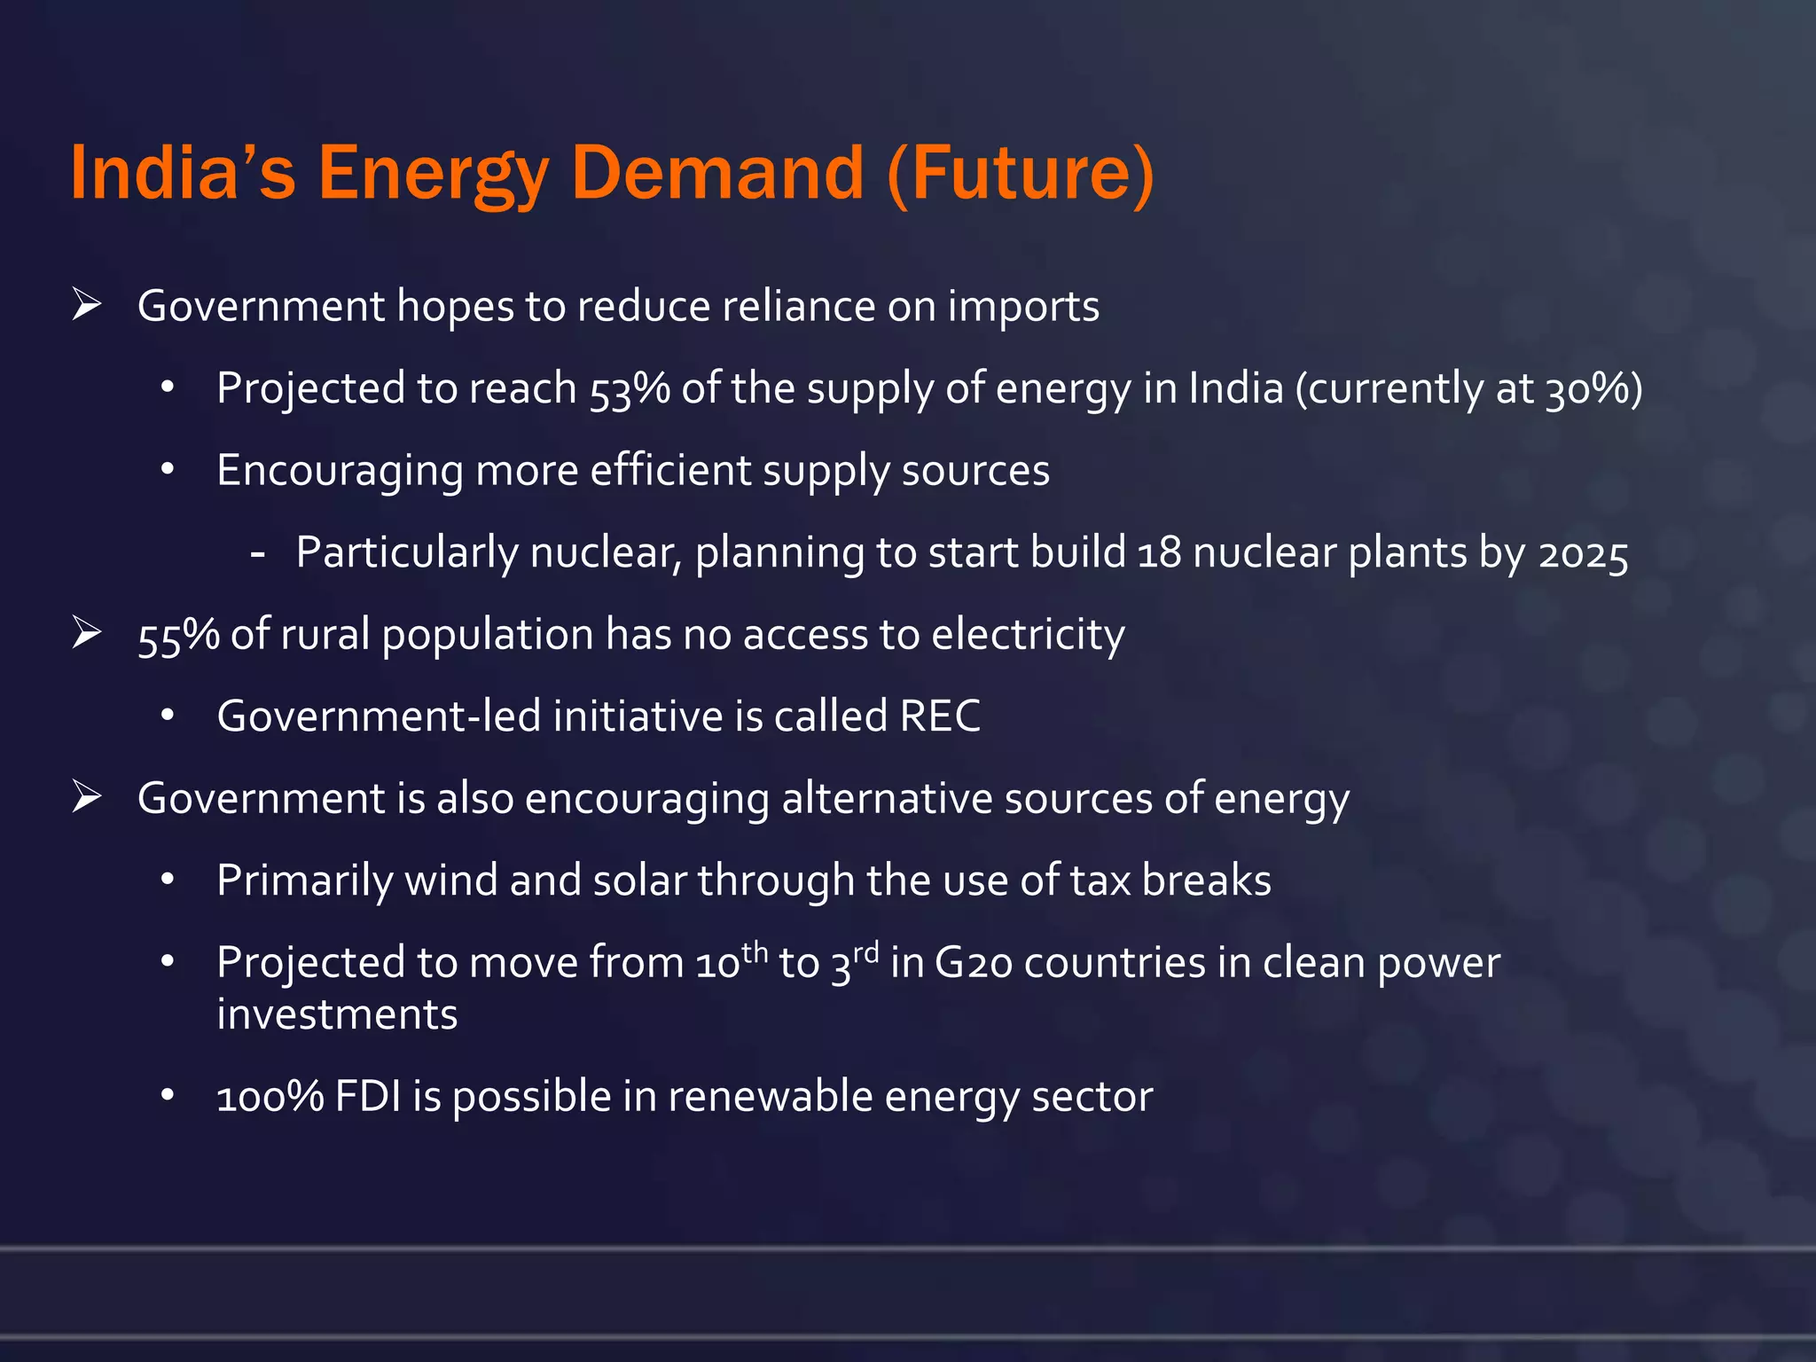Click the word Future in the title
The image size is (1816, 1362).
point(1020,173)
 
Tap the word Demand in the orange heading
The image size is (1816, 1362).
point(717,173)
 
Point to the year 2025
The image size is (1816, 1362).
point(1583,554)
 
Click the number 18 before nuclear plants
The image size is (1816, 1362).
point(1159,553)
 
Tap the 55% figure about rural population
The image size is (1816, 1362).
point(178,636)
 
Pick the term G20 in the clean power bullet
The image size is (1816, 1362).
point(973,963)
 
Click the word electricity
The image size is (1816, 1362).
point(1028,635)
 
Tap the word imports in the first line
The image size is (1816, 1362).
point(1023,308)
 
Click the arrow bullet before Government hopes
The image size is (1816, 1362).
point(87,306)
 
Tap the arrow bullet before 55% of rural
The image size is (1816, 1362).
point(87,634)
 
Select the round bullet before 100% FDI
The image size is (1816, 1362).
point(168,1096)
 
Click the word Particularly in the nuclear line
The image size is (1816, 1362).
point(406,554)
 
